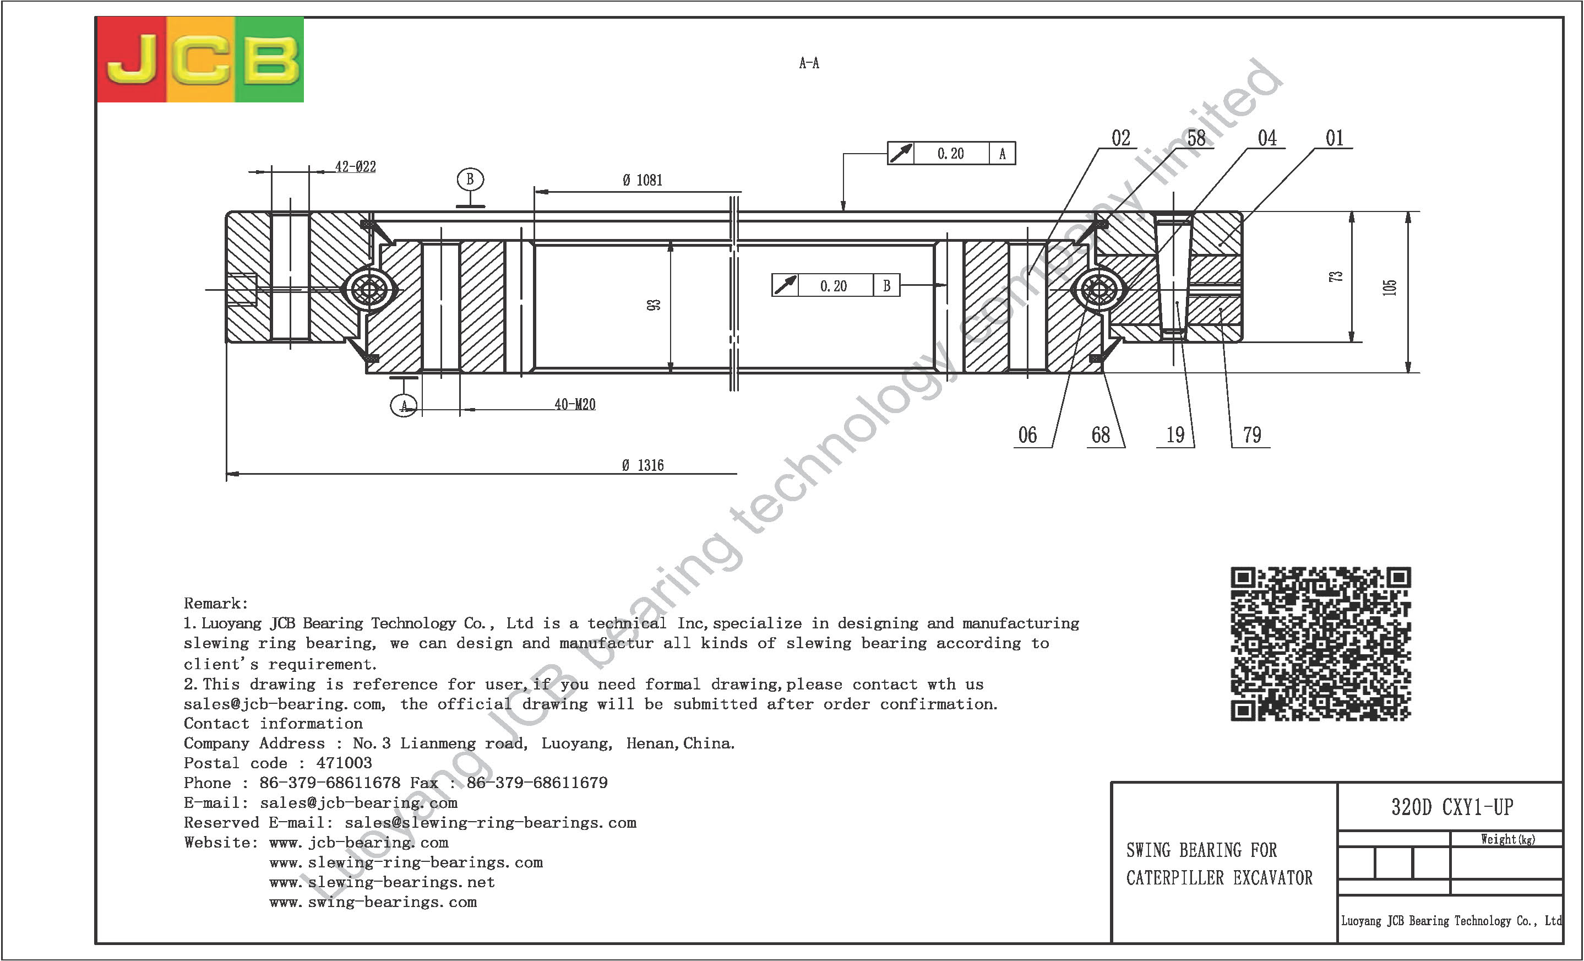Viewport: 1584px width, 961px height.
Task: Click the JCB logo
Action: pos(200,59)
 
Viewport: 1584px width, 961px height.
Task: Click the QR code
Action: pos(1320,643)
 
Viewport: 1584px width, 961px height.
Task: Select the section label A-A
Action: pos(809,63)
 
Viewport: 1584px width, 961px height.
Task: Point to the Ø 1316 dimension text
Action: pos(642,465)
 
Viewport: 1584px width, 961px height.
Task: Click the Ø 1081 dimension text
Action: pos(641,181)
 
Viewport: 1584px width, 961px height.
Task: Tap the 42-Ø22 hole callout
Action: pos(355,167)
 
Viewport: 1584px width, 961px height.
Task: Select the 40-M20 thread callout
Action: pos(575,404)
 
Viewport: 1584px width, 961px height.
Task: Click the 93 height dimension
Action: pos(653,305)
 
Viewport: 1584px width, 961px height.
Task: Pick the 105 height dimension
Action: pos(1389,287)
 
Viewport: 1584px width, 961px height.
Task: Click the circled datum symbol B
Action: pos(470,180)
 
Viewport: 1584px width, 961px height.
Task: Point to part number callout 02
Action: pos(1120,138)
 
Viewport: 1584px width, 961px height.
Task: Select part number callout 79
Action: pos(1251,435)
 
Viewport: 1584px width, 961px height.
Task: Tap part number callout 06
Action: pos(1027,435)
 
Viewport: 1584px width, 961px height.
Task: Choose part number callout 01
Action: pos(1335,138)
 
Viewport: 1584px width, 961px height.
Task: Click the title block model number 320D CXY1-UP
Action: pos(1451,807)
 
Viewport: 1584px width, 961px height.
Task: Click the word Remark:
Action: pos(216,603)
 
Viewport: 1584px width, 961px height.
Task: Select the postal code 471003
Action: pos(344,763)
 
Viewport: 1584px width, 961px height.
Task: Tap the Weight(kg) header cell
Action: pos(1507,839)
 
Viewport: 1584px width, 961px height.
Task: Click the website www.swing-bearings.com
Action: pos(373,902)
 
